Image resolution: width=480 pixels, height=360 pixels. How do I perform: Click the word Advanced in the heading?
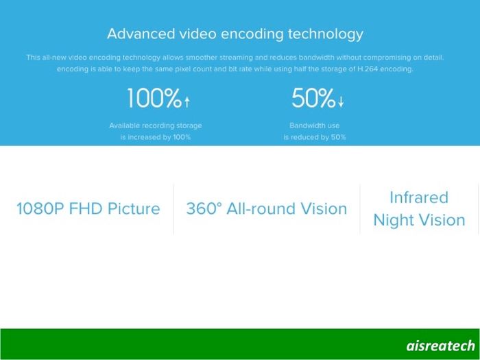tap(141, 34)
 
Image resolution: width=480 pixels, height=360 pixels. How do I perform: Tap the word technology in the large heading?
tap(326, 34)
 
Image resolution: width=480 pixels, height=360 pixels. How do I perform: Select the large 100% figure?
tap(154, 98)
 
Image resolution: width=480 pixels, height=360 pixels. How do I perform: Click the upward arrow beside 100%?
tap(187, 102)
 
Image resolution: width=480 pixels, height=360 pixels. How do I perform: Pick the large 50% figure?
tap(313, 98)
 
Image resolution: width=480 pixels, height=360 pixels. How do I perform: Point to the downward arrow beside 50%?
tap(341, 102)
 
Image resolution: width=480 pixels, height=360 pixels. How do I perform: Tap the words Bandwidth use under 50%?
tap(314, 125)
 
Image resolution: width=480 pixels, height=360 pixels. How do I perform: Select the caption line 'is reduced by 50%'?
tap(314, 137)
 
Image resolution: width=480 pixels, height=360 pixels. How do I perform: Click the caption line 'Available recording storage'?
tap(156, 125)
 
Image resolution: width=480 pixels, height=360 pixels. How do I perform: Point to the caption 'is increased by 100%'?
tap(156, 137)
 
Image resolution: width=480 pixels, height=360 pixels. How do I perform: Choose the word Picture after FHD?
tap(134, 208)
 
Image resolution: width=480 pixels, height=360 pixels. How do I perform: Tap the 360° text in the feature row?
tap(204, 208)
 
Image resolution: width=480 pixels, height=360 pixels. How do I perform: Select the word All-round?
tap(261, 208)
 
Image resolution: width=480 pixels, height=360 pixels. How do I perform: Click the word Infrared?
tap(419, 197)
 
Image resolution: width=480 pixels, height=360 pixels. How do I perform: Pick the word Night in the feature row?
tap(394, 220)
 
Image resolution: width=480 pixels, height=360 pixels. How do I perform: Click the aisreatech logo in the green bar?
tap(441, 346)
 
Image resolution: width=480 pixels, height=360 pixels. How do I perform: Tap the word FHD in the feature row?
tap(86, 208)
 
